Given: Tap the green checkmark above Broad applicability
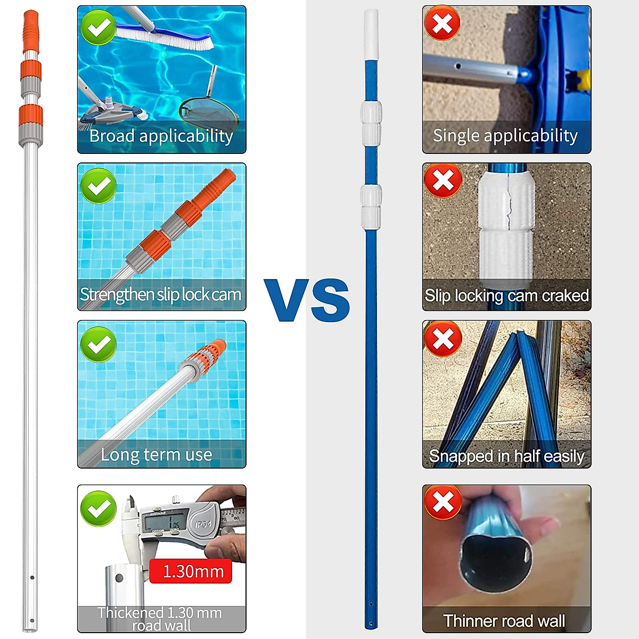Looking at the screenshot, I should click(99, 27).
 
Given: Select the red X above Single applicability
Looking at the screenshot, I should click(443, 24).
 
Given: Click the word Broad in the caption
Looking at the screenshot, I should click(111, 136).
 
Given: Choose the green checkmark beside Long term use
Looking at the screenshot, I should click(99, 344).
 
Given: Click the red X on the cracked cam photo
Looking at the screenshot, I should click(443, 181).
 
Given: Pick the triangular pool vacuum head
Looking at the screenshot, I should click(112, 109).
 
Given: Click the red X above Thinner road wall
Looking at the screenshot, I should click(443, 502).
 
